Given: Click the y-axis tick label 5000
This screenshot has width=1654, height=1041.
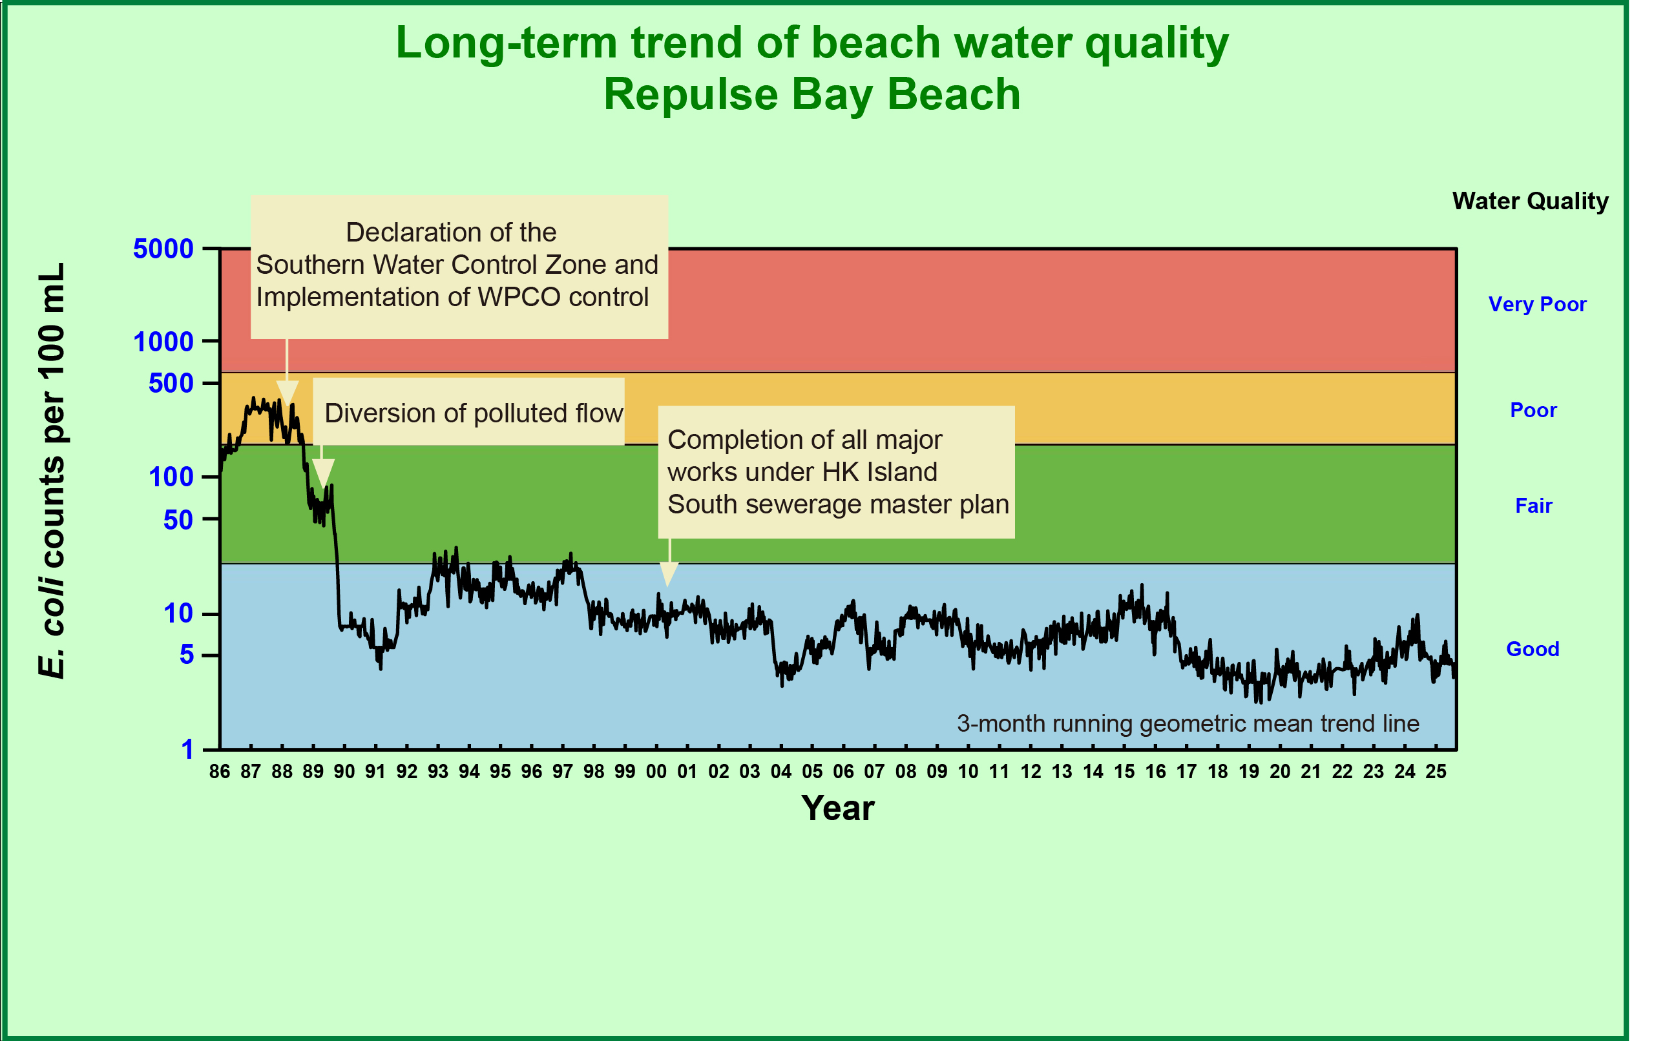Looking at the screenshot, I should pos(163,249).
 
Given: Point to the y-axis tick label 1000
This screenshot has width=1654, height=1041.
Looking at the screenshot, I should pos(163,341).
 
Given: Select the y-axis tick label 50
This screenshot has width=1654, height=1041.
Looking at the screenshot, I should pos(178,520).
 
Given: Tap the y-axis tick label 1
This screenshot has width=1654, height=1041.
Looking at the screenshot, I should pos(187,749).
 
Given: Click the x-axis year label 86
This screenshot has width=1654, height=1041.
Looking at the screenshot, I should pos(220,772).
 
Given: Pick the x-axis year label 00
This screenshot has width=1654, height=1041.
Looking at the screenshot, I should pos(656,772).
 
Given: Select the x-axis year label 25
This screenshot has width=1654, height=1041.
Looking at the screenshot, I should pos(1436,772).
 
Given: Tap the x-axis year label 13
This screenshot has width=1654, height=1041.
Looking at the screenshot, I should pos(1062,772).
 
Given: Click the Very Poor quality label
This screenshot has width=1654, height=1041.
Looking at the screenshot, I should pos(1537,304).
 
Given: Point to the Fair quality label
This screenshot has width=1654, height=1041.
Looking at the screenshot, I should pos(1534,506).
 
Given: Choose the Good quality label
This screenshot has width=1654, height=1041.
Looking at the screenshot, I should pos(1533,649).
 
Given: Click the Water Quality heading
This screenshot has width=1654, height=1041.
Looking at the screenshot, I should pos(1531,201).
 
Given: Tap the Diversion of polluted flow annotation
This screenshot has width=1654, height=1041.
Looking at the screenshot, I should pos(473,413).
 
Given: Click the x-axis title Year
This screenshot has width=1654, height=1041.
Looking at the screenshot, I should pos(837,809).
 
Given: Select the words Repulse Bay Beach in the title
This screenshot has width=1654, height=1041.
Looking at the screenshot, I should pos(812,94).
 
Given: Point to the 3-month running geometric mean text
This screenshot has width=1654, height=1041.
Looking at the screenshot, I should pos(1188,723).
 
